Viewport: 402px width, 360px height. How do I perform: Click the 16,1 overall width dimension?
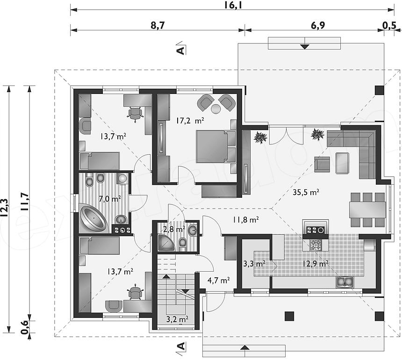(233, 5)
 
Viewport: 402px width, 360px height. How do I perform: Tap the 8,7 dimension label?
(157, 25)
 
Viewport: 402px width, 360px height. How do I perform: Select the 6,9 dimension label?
(318, 25)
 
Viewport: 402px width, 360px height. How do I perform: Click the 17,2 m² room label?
(190, 120)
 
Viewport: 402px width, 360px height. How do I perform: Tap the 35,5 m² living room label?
(306, 192)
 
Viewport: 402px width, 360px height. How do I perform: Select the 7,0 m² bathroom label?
(110, 198)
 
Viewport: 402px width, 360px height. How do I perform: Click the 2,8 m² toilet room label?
(174, 229)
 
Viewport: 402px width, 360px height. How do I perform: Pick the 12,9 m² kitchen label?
(316, 263)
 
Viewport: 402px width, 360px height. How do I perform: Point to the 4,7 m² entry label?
(218, 280)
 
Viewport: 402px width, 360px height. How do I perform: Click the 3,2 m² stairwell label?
(178, 319)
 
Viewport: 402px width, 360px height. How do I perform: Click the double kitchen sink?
(345, 281)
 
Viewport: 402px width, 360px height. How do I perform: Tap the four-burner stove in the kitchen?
(316, 245)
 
